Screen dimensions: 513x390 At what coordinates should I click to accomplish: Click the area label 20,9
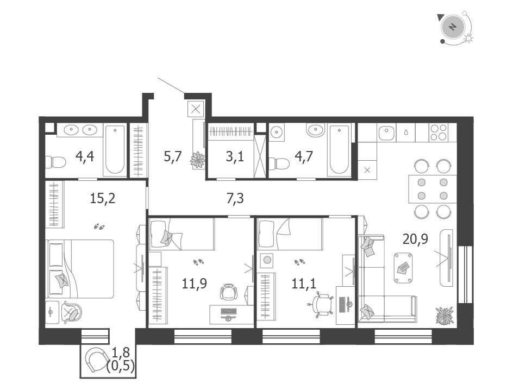point(415,240)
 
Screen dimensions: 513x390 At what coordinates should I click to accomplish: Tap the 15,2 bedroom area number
point(103,198)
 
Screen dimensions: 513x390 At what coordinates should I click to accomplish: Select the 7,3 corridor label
point(235,198)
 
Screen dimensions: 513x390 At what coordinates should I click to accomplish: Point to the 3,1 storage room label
point(235,157)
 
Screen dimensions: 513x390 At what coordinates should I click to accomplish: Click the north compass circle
point(453,27)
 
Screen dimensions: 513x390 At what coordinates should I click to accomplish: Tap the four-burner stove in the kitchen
point(439,133)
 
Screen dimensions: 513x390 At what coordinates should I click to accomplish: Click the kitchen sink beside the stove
point(387,133)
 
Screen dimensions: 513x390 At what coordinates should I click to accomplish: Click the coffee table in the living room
point(403,267)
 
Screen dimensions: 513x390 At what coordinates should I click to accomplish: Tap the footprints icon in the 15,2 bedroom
point(99,226)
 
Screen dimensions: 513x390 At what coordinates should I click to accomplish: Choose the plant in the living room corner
point(445,316)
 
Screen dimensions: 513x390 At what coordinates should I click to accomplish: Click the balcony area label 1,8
point(121,353)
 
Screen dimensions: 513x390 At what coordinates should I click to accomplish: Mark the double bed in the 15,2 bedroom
point(80,269)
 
